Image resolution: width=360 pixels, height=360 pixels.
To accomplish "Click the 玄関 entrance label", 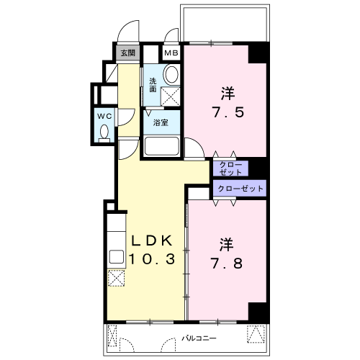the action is click(127, 53).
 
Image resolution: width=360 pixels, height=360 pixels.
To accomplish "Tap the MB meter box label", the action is click(171, 53).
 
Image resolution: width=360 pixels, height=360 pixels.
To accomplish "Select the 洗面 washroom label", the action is click(153, 85).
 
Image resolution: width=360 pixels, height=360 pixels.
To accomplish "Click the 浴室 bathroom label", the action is click(161, 122).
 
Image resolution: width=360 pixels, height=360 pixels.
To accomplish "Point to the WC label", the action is click(104, 117).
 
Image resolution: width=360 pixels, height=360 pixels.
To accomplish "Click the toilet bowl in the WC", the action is click(104, 133).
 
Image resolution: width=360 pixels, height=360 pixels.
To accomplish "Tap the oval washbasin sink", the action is click(171, 74).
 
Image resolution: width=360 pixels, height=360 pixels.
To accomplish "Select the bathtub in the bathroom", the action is click(162, 146).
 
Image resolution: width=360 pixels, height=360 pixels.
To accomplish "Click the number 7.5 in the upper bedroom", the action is click(228, 112).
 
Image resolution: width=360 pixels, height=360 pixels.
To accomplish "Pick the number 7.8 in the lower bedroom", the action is click(227, 264).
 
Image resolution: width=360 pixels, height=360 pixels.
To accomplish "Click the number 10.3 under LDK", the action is click(152, 259).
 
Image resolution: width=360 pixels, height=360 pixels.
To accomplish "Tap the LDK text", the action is click(152, 240).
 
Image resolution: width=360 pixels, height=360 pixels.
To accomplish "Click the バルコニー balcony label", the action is click(199, 338).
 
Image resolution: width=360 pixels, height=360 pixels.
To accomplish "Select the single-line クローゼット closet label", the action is click(240, 189).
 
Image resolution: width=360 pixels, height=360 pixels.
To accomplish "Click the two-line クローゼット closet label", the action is click(230, 168).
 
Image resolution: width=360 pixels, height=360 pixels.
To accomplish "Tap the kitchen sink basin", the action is click(117, 256).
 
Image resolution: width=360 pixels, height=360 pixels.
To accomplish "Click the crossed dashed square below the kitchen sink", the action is click(117, 278).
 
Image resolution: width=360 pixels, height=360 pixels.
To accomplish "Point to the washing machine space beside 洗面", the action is click(170, 96).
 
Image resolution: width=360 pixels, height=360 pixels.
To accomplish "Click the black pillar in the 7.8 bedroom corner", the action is click(258, 312).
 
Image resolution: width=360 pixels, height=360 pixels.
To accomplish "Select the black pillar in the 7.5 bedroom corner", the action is click(258, 54).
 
